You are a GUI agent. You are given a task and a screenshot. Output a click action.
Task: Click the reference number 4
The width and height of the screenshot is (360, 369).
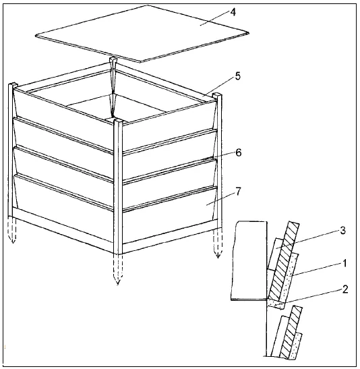(x=233, y=12)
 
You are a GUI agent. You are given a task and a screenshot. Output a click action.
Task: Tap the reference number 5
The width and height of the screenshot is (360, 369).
(x=238, y=76)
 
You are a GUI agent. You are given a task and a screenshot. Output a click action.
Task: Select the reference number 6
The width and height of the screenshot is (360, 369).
(x=239, y=152)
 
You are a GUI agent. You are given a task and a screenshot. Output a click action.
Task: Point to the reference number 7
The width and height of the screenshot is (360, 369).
(x=239, y=192)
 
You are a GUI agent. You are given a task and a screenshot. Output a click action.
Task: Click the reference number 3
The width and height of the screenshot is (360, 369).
(x=343, y=231)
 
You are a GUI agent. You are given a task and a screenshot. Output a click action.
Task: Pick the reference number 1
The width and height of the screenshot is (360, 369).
(x=344, y=263)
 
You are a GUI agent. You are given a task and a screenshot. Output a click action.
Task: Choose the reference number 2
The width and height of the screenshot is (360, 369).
(x=345, y=289)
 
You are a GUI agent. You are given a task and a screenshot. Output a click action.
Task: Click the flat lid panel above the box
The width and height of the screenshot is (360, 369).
(x=142, y=34)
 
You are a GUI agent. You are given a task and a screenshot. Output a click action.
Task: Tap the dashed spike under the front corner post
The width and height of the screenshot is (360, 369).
(x=118, y=269)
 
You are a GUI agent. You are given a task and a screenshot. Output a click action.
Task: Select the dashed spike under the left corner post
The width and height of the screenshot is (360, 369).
(x=11, y=229)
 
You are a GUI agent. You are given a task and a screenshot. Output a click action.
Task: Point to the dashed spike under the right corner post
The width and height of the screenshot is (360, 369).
(x=218, y=243)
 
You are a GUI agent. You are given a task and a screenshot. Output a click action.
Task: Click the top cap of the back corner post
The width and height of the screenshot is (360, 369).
(x=113, y=59)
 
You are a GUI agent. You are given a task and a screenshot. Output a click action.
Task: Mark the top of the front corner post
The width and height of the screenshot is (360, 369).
(x=118, y=121)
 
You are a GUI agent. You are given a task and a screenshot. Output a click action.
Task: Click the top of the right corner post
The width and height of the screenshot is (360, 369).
(x=217, y=94)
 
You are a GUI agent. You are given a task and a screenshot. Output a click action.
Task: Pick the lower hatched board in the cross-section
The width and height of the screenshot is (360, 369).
(x=291, y=332)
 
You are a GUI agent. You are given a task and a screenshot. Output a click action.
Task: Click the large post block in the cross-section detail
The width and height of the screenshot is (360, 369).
(x=249, y=260)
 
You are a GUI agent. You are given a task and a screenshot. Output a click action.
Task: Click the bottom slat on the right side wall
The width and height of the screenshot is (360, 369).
(x=170, y=215)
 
